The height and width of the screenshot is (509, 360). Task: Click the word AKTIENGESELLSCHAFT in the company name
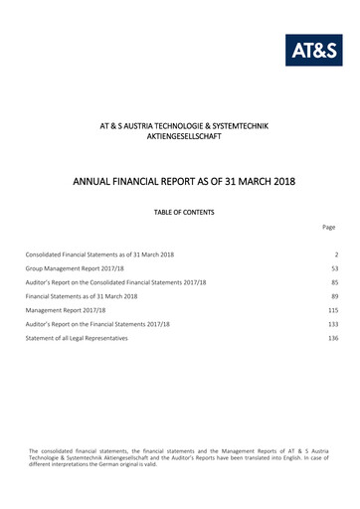[x=180, y=136]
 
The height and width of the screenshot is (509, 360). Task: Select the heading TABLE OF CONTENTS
[x=180, y=212]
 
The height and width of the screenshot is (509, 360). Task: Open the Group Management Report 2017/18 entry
[x=73, y=269]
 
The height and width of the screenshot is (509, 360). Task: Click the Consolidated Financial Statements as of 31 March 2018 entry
[x=100, y=255]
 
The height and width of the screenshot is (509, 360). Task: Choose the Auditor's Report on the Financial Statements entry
[x=98, y=325]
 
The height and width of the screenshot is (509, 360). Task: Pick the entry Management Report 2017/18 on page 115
[x=62, y=311]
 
